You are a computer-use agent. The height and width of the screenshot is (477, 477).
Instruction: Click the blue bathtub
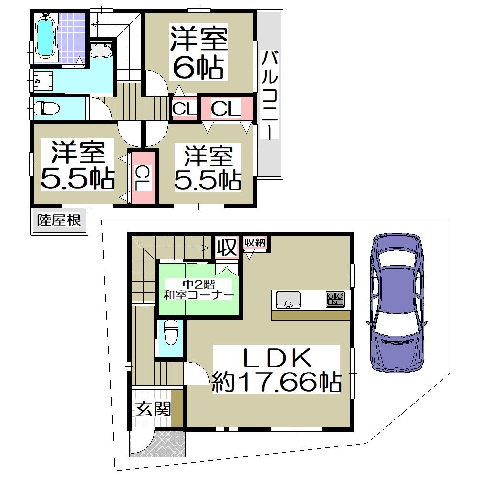click(x=45, y=36)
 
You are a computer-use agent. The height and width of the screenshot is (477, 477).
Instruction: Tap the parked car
click(x=397, y=303)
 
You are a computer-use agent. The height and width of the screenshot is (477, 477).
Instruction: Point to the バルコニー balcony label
click(x=270, y=95)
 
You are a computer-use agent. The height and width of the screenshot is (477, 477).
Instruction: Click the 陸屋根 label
click(x=59, y=220)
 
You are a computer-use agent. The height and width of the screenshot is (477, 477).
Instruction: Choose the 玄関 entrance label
click(x=153, y=409)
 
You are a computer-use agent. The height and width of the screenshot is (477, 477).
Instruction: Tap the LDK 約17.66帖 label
click(x=276, y=369)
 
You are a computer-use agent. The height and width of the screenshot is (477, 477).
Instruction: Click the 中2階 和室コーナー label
click(x=198, y=290)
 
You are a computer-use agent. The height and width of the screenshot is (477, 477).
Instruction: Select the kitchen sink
click(x=288, y=300)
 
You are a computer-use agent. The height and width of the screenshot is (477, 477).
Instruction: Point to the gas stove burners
click(x=335, y=299)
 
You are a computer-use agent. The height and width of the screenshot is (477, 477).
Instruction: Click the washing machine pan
click(x=43, y=81)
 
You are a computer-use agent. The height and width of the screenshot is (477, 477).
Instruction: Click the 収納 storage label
click(x=255, y=242)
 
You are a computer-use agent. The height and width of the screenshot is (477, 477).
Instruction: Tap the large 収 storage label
click(x=227, y=247)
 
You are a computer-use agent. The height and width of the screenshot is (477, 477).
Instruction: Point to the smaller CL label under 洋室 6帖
click(x=185, y=109)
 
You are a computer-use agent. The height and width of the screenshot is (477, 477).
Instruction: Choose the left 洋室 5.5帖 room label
click(x=78, y=165)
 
